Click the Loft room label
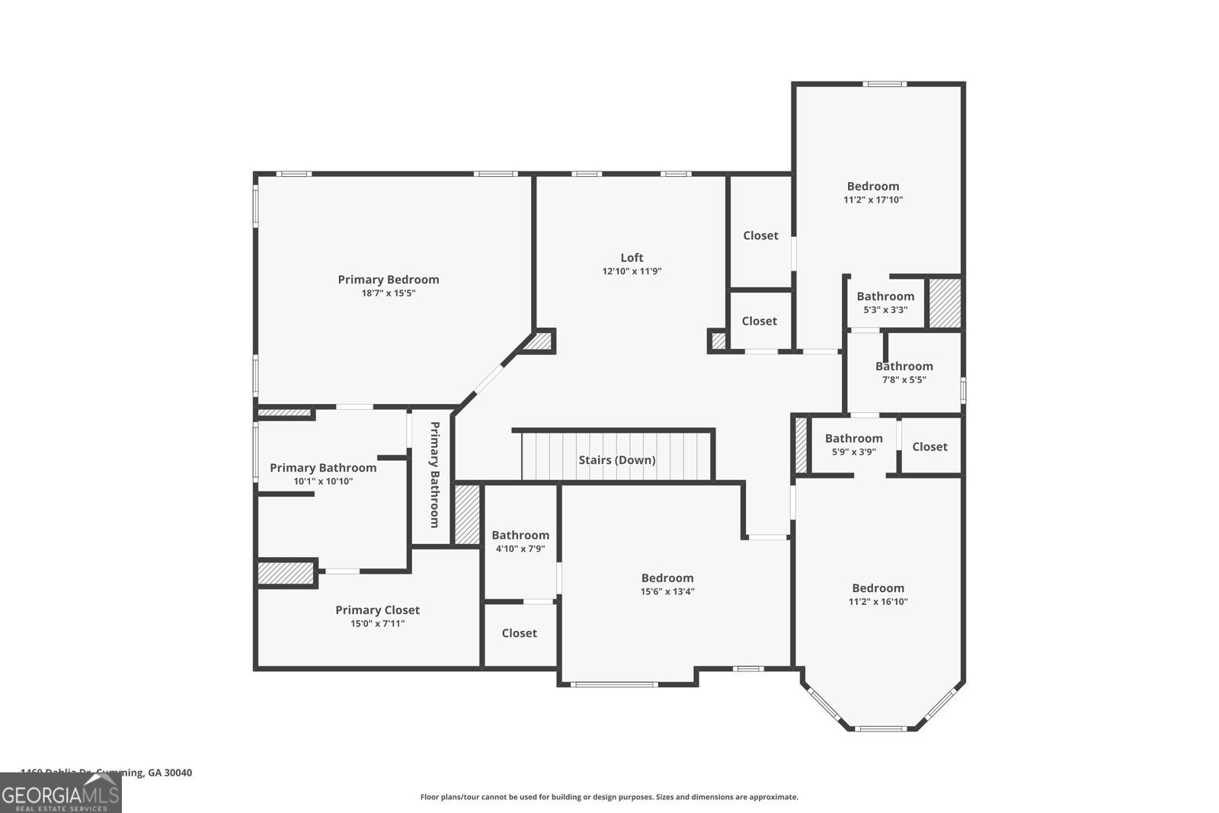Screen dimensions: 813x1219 tap(632, 258)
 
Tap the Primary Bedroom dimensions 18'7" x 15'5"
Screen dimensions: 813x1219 tap(389, 293)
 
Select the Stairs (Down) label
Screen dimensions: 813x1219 tap(616, 460)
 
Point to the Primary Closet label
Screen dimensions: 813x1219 tap(377, 610)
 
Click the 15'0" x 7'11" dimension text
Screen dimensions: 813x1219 tap(377, 624)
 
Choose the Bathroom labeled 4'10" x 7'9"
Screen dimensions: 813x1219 tap(520, 535)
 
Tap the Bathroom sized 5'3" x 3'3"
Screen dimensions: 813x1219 tap(885, 296)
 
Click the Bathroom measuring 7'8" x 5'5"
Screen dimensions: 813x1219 tap(904, 366)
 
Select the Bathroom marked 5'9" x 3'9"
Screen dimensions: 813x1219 tap(853, 438)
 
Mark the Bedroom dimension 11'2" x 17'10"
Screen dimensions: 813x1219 tap(873, 200)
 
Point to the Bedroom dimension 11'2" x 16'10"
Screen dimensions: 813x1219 tap(878, 602)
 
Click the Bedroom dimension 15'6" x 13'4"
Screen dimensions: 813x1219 tap(667, 592)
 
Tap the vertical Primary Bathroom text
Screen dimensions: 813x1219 tap(434, 474)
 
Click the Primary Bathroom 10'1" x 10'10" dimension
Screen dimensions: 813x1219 tap(323, 482)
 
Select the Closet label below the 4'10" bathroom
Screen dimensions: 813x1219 tap(519, 633)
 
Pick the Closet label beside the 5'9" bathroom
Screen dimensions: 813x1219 tap(929, 447)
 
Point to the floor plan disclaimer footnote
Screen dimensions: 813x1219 tap(609, 797)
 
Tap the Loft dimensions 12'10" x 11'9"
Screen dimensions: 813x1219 tap(632, 271)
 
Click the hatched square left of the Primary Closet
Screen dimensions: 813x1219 tap(286, 573)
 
